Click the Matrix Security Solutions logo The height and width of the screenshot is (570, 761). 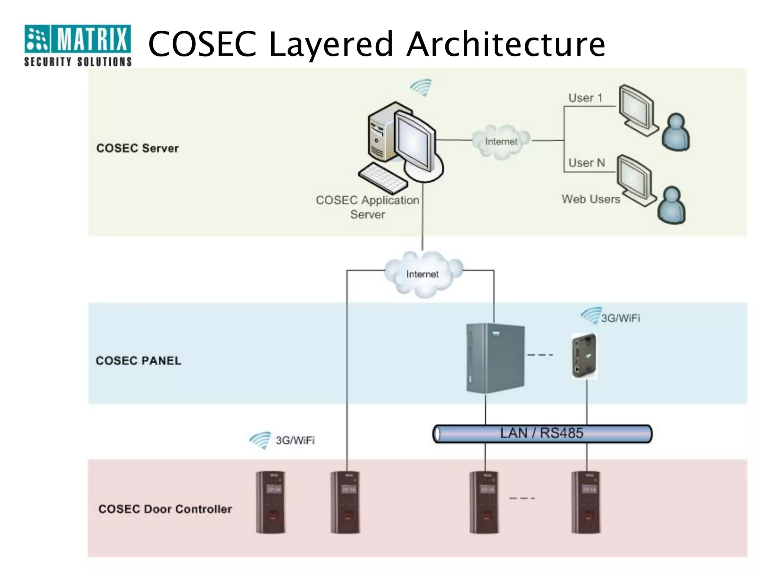point(78,45)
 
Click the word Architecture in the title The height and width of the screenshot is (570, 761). point(506,44)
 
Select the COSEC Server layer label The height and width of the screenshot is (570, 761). point(137,148)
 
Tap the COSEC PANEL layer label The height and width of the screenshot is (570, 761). point(139,361)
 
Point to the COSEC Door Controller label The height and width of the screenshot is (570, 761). point(165,509)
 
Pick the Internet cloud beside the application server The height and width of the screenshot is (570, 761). point(501,141)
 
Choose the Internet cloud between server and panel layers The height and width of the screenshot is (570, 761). point(423,274)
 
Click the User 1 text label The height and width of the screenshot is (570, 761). point(585,98)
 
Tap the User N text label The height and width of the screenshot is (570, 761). point(587,163)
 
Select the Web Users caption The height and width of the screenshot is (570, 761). point(591,199)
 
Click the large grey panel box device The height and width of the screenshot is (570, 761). point(495,358)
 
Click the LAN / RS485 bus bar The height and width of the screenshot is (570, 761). point(542,434)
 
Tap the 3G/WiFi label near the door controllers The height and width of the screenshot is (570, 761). point(295,440)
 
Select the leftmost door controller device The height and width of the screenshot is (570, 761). point(271,502)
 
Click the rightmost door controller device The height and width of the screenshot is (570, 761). point(586,502)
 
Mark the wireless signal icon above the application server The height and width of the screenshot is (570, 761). point(421,88)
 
